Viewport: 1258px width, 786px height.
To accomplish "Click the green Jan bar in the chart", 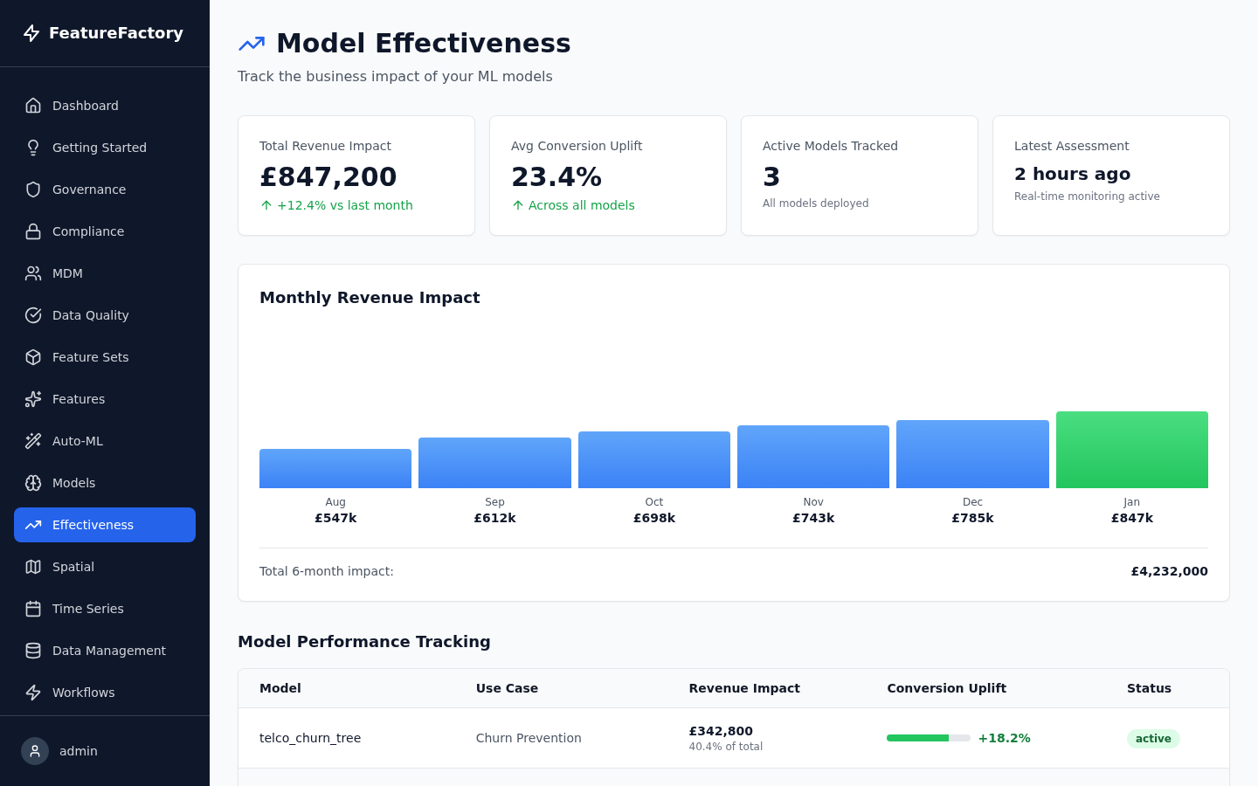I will pyautogui.click(x=1131, y=450).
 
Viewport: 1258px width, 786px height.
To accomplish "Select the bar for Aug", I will pyautogui.click(x=335, y=468).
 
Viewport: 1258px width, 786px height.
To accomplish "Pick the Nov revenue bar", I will pyautogui.click(x=812, y=457).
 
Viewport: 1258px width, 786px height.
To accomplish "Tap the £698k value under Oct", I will pyautogui.click(x=653, y=518).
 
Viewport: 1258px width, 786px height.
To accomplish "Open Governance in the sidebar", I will pyautogui.click(x=89, y=190).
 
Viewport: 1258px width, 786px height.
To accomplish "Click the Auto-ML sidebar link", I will pyautogui.click(x=78, y=441).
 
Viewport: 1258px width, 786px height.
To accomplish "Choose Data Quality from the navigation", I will pyautogui.click(x=90, y=315).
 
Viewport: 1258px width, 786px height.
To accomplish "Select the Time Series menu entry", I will pyautogui.click(x=87, y=609).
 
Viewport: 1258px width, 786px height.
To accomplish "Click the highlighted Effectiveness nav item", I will pyautogui.click(x=105, y=525).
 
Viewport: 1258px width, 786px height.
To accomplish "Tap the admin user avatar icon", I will pyautogui.click(x=35, y=751).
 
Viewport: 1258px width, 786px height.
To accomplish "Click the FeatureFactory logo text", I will pyautogui.click(x=115, y=33).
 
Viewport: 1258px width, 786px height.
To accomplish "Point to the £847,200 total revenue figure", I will pyautogui.click(x=328, y=176).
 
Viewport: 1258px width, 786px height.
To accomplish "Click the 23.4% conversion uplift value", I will pyautogui.click(x=556, y=176).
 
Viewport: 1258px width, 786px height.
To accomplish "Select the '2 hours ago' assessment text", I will pyautogui.click(x=1072, y=174).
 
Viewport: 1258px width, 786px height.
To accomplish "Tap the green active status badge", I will pyautogui.click(x=1152, y=739).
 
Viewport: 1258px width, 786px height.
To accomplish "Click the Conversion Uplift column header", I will pyautogui.click(x=946, y=688).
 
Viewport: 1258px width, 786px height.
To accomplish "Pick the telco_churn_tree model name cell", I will pyautogui.click(x=310, y=738).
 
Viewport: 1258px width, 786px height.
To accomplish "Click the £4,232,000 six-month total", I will pyautogui.click(x=1169, y=571).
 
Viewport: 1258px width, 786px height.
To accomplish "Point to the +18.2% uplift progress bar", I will pyautogui.click(x=928, y=738).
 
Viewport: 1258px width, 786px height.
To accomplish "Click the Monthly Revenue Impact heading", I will pyautogui.click(x=370, y=298).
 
